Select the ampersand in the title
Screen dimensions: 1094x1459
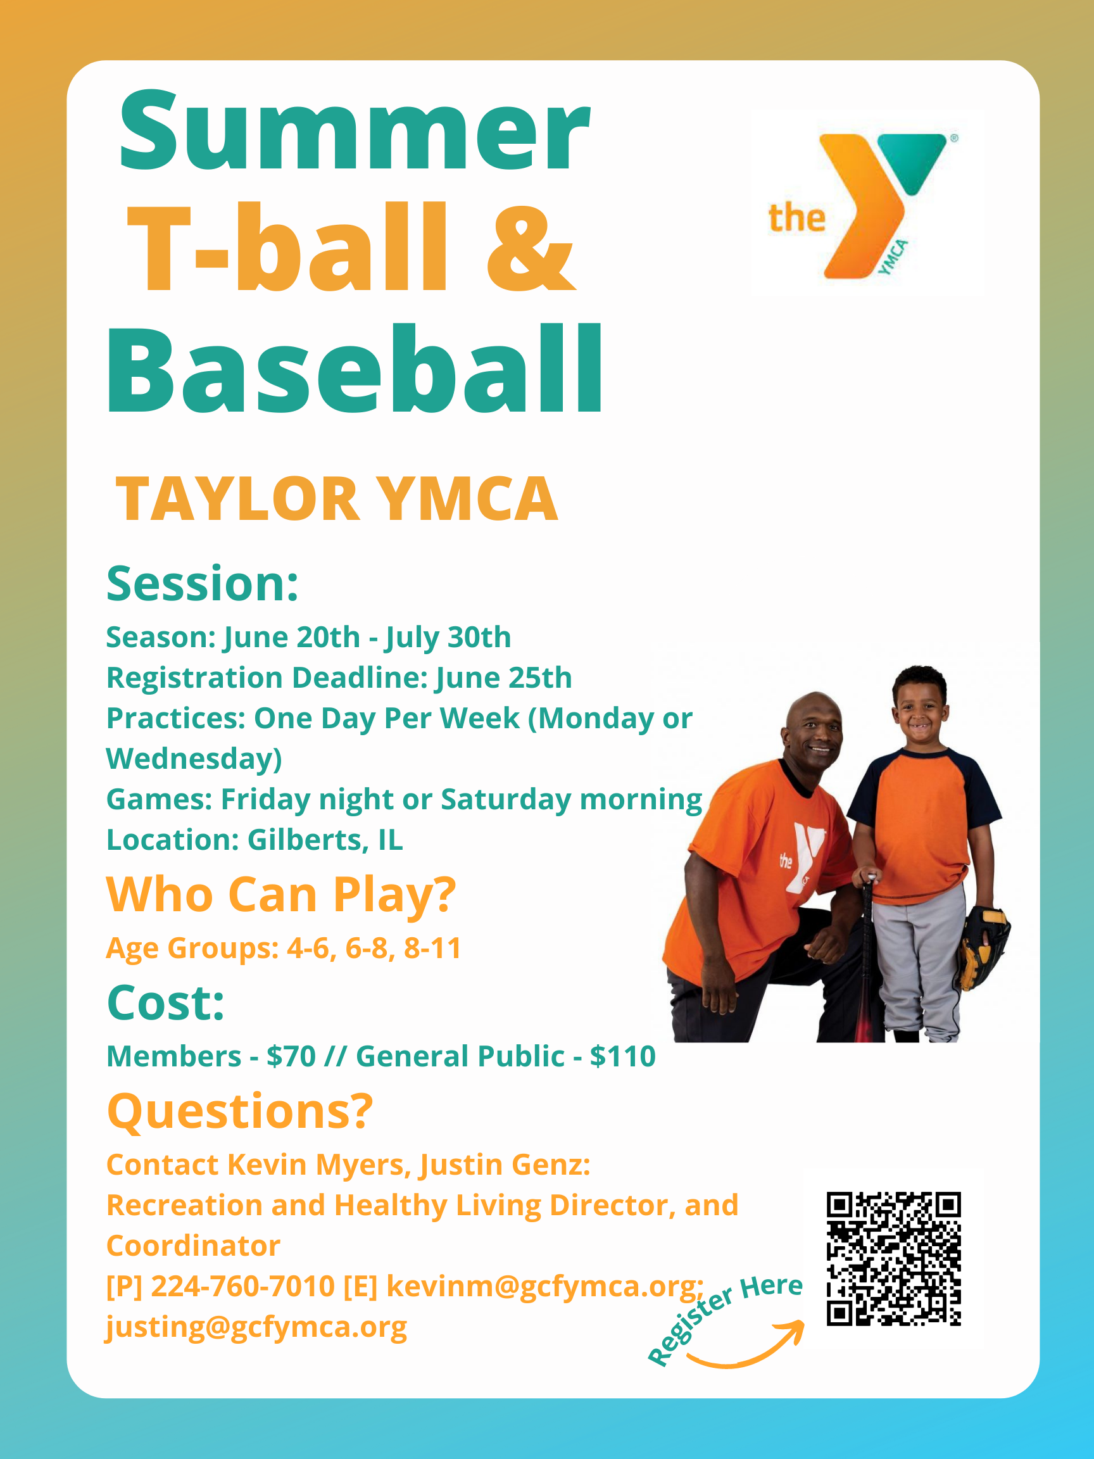tap(531, 249)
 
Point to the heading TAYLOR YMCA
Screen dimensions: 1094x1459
tap(337, 499)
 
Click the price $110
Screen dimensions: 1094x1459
tap(622, 1056)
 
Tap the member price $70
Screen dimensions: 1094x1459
tap(291, 1056)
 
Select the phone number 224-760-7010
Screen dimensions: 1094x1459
tap(242, 1286)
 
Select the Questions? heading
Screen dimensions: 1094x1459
tap(240, 1111)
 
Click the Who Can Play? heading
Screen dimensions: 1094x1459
tap(281, 895)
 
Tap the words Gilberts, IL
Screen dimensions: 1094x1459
tap(325, 840)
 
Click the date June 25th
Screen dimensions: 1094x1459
tap(504, 678)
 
